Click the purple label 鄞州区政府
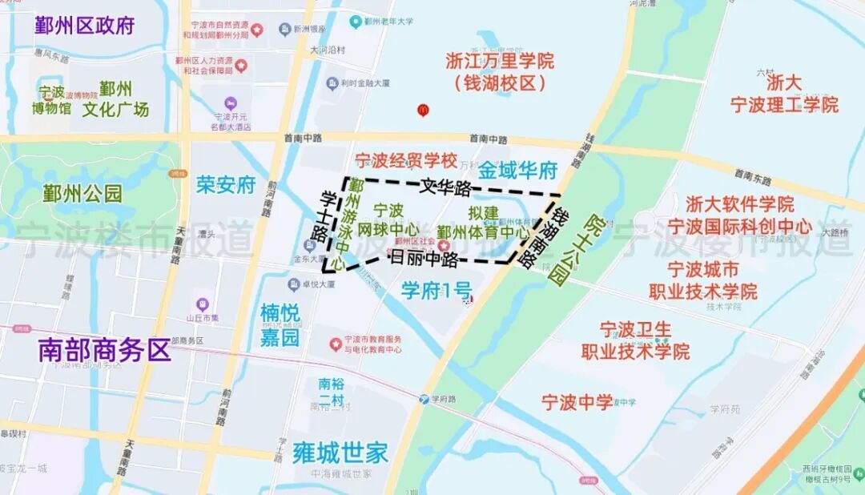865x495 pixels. coord(84,25)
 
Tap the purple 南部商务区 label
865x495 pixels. coord(105,350)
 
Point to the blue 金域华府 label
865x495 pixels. coord(518,171)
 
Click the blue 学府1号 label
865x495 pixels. coord(437,290)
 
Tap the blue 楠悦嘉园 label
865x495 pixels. coord(280,324)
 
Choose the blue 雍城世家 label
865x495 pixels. coord(340,453)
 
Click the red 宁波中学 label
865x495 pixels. coord(577,402)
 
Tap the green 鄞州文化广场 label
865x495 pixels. coord(116,99)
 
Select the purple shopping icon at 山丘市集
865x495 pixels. coord(202,304)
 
